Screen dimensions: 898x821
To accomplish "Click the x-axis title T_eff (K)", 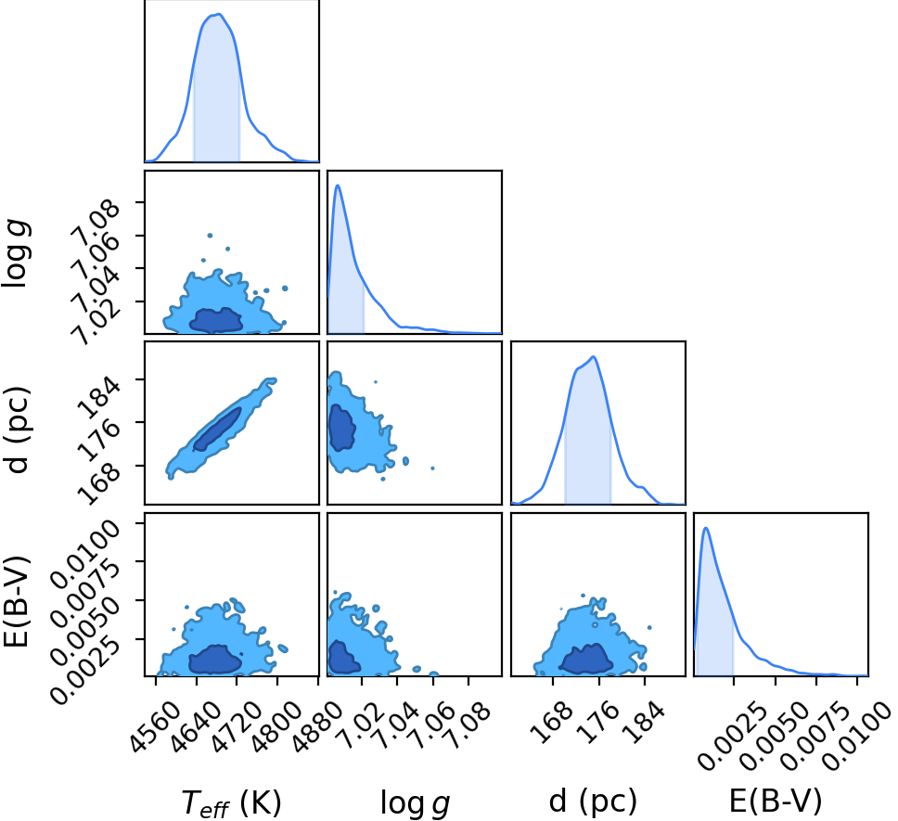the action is click(x=231, y=802).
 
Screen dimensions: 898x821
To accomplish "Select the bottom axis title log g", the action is click(x=416, y=802).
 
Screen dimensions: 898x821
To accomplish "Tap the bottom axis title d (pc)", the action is click(x=593, y=801).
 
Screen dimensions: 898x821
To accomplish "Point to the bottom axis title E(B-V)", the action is click(x=776, y=801).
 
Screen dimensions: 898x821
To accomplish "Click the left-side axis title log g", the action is click(x=17, y=253).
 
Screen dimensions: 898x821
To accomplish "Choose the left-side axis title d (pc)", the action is click(x=17, y=430).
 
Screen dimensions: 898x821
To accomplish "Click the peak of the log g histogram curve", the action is click(x=338, y=185).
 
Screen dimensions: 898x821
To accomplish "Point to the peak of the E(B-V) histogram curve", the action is click(x=706, y=528).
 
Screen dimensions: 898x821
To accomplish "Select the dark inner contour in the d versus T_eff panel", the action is click(x=217, y=429).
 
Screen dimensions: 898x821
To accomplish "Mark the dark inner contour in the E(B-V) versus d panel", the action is click(x=586, y=659).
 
